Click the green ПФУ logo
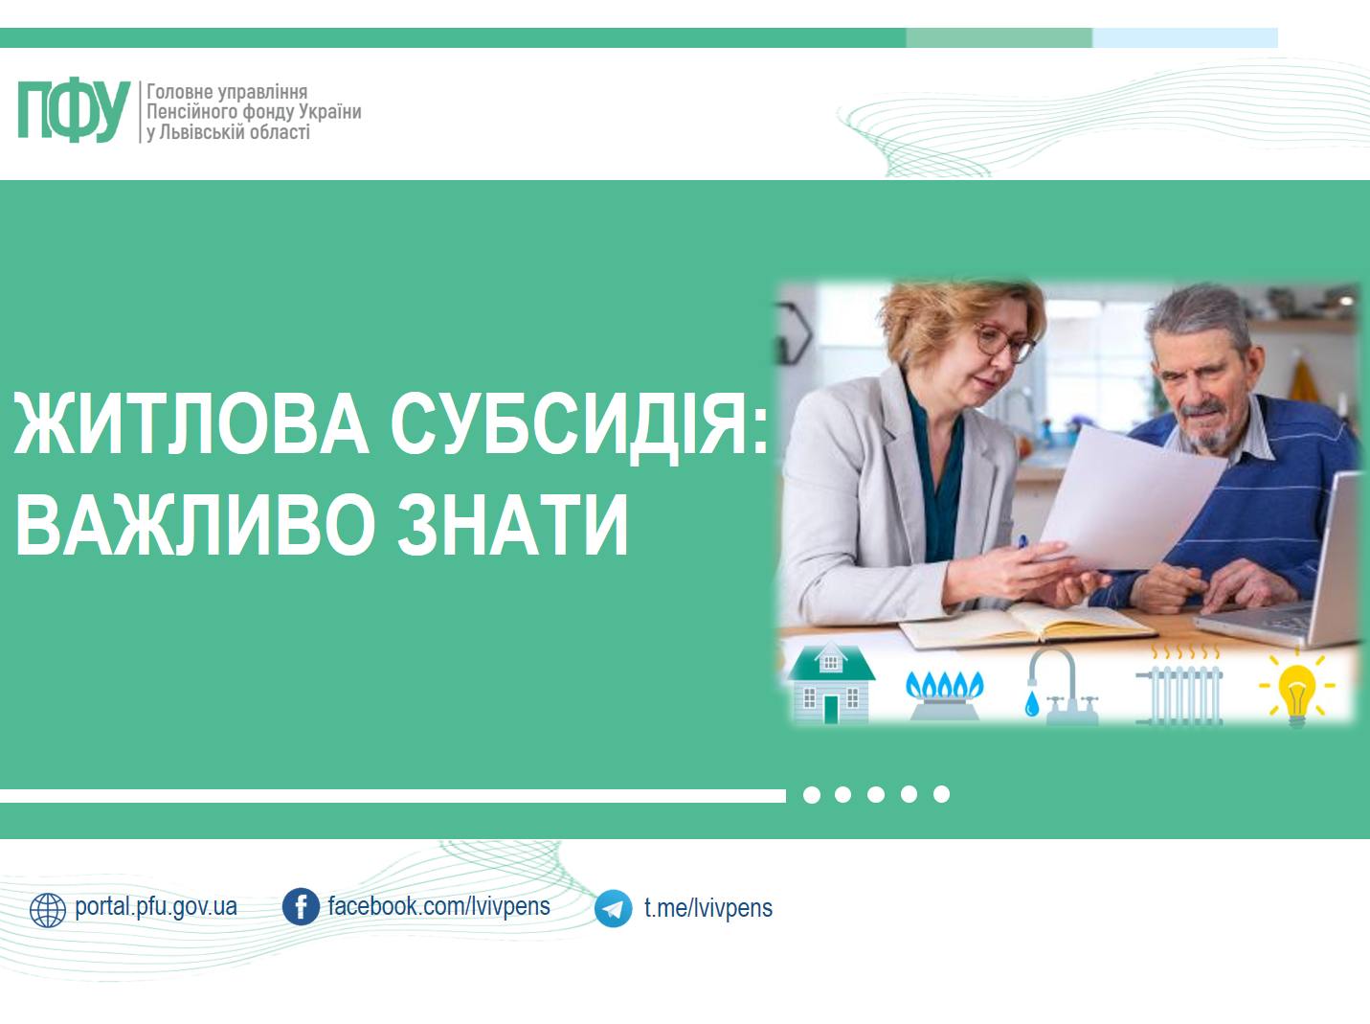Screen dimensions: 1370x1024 tap(74, 110)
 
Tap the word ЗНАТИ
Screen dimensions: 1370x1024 tap(512, 524)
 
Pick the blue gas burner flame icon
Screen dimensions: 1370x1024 tap(944, 694)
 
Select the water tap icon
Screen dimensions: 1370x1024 tap(1060, 686)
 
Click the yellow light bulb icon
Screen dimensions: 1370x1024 tap(1297, 688)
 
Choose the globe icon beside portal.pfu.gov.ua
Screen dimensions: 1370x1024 tap(48, 910)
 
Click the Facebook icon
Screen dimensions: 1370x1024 tap(301, 906)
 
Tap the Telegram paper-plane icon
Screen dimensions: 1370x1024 tap(613, 908)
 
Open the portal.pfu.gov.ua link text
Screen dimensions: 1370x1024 tap(156, 907)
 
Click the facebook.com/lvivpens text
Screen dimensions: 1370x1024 tap(439, 906)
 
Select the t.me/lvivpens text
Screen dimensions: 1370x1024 tap(708, 908)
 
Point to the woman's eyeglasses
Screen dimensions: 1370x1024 tap(1004, 343)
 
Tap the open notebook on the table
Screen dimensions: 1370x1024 tap(1026, 625)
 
